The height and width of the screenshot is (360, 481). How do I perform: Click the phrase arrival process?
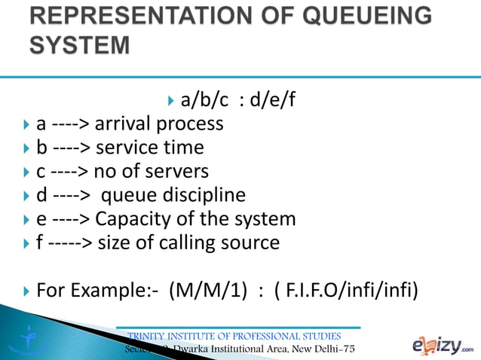[159, 123]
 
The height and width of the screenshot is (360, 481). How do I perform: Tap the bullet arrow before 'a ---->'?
[27, 124]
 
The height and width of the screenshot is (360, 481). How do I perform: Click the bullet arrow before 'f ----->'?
[27, 244]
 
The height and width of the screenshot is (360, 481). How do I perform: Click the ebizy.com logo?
[443, 345]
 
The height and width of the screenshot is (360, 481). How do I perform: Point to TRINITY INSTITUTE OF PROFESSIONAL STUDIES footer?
[235, 336]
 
